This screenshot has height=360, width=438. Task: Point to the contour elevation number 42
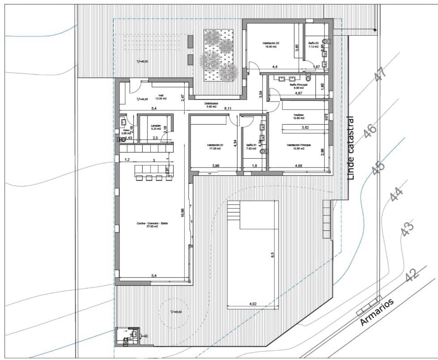tap(412, 274)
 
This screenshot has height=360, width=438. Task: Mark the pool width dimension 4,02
tap(253, 305)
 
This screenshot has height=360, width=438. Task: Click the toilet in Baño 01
tap(263, 151)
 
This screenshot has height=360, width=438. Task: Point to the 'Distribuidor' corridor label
tap(211, 104)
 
